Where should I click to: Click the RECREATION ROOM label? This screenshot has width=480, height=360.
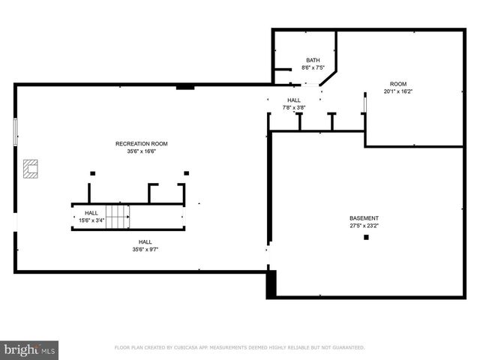(x=141, y=143)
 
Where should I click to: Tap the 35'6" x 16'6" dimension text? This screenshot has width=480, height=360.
(x=141, y=151)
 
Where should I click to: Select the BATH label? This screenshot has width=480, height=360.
(x=313, y=60)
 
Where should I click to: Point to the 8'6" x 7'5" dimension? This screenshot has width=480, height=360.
(x=313, y=67)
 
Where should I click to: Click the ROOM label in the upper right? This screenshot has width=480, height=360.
(x=397, y=83)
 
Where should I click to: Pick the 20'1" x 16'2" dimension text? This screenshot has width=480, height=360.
(x=397, y=91)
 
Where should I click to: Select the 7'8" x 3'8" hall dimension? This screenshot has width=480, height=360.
(x=293, y=107)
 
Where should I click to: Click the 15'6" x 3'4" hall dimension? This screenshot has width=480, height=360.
(x=91, y=220)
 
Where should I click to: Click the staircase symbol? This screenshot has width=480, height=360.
(x=118, y=217)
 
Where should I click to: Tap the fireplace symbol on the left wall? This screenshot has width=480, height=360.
(x=31, y=169)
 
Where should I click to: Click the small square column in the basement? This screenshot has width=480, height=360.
(x=366, y=238)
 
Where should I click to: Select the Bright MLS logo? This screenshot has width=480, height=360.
(x=30, y=349)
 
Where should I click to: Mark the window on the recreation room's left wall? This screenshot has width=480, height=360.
(x=15, y=132)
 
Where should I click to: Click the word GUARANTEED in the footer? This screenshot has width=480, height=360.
(x=346, y=347)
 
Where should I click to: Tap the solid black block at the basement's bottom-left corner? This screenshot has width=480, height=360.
(x=271, y=284)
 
